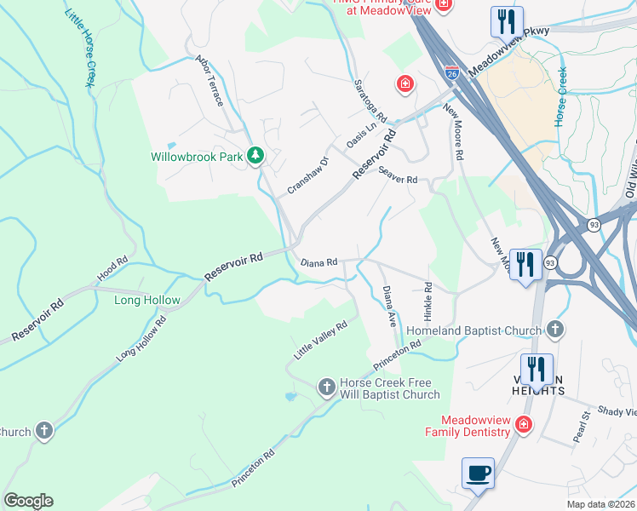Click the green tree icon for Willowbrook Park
[255, 156]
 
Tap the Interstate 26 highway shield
[451, 73]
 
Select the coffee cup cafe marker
[478, 473]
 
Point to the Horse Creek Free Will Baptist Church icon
[325, 388]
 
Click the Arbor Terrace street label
[209, 81]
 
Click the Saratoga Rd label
[370, 100]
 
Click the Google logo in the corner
[28, 501]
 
